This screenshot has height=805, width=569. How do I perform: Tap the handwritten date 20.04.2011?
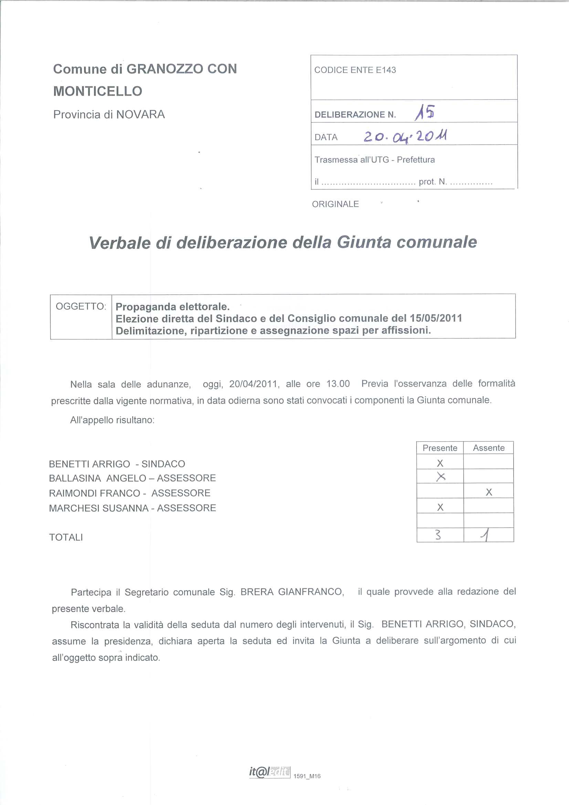pyautogui.click(x=405, y=136)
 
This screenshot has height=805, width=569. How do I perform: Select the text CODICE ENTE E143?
pyautogui.click(x=355, y=70)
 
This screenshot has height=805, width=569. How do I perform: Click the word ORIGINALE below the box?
pyautogui.click(x=335, y=204)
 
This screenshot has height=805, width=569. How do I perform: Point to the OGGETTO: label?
pyautogui.click(x=81, y=306)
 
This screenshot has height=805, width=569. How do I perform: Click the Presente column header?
pyautogui.click(x=440, y=448)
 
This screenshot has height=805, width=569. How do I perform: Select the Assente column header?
pyautogui.click(x=488, y=448)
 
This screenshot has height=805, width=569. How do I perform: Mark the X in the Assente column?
pyautogui.click(x=489, y=492)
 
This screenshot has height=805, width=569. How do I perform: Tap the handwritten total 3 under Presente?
pyautogui.click(x=438, y=535)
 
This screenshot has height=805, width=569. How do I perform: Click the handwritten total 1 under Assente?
pyautogui.click(x=486, y=535)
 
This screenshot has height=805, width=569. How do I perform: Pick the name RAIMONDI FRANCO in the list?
pyautogui.click(x=95, y=493)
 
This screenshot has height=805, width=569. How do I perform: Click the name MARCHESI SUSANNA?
pyautogui.click(x=98, y=508)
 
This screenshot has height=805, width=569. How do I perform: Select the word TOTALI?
pyautogui.click(x=66, y=537)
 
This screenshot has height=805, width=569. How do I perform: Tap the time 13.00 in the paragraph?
pyautogui.click(x=338, y=384)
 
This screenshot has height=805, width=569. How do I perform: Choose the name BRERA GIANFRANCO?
pyautogui.click(x=291, y=592)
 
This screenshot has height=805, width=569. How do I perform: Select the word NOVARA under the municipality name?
pyautogui.click(x=140, y=115)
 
